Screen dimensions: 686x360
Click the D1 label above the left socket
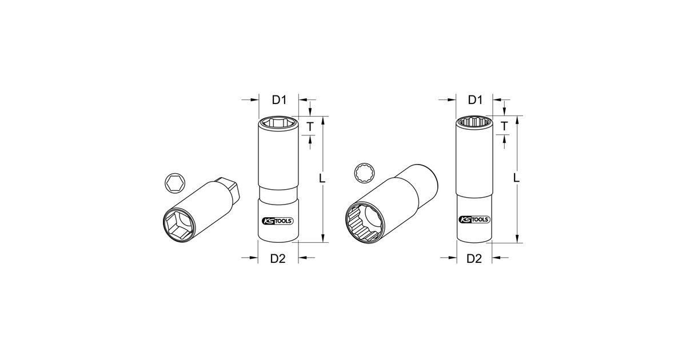(x=280, y=100)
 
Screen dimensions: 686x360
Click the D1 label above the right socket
(x=475, y=100)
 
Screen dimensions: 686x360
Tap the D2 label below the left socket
(x=278, y=259)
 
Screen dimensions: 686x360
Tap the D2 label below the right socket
(x=474, y=259)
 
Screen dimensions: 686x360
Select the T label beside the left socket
(x=310, y=126)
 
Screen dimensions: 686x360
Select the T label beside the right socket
(x=504, y=126)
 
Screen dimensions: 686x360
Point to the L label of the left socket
(x=322, y=178)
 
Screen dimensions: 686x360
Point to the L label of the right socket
(x=516, y=178)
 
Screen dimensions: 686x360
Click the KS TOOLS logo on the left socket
(x=278, y=221)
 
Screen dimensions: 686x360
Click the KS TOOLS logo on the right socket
(x=474, y=219)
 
